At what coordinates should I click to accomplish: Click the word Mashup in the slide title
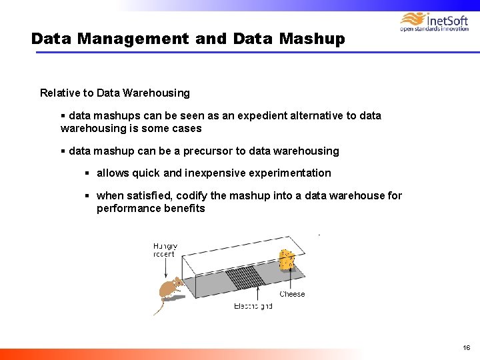coord(312,39)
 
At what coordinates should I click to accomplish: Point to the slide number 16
coord(466,347)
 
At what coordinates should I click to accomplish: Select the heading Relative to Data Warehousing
coord(115,93)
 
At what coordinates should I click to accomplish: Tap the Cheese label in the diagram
coord(292,294)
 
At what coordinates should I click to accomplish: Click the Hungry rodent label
coord(164,249)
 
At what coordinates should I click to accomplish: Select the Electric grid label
coord(253,307)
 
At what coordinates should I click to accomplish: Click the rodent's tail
coord(159,307)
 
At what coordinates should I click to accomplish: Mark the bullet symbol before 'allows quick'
coord(87,173)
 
